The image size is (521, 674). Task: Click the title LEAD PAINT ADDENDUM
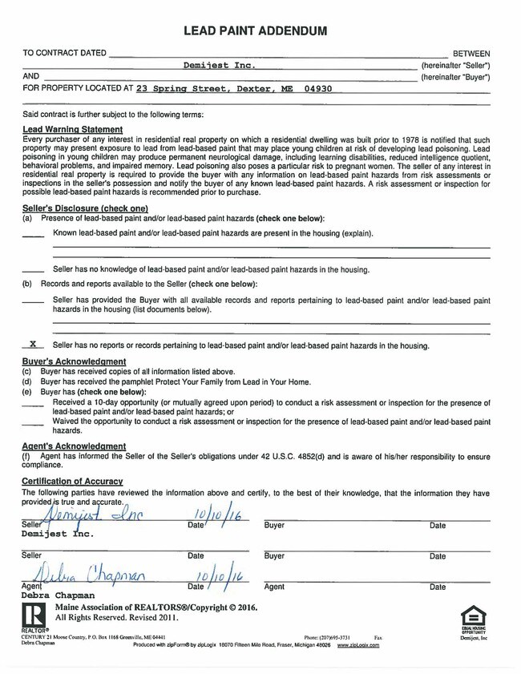256,30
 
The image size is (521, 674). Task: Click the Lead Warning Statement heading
72,129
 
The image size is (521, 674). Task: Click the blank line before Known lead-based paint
33,234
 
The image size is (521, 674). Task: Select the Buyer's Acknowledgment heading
73,362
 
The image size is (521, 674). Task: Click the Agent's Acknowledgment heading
74,446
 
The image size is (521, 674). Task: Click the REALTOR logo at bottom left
34,617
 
